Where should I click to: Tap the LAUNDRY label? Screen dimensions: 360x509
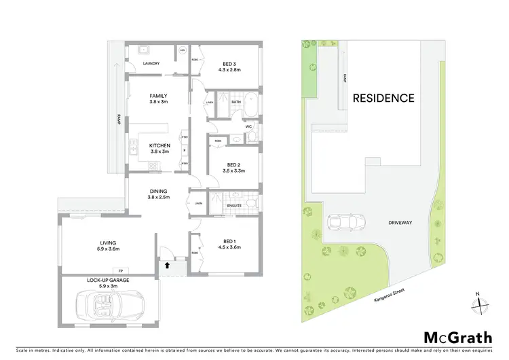(151, 65)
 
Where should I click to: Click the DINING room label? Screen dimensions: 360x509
(158, 192)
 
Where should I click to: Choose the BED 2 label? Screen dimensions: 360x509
(233, 165)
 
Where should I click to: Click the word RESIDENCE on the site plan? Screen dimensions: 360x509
(383, 98)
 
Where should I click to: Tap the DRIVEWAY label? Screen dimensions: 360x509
(401, 221)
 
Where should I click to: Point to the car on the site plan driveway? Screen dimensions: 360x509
(338, 222)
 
